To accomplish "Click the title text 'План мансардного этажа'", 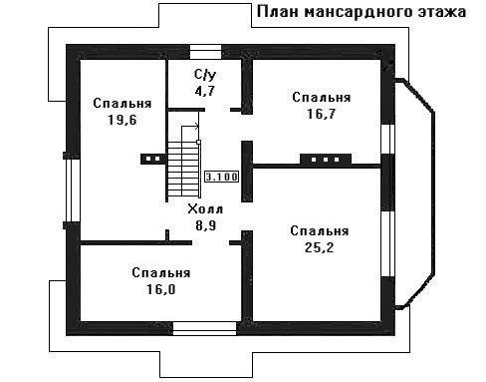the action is (x=362, y=12).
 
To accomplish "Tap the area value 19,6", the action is (x=122, y=120).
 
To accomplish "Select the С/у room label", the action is (x=205, y=75).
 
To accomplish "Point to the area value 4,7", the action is (x=205, y=91).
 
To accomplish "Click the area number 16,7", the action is (x=321, y=114).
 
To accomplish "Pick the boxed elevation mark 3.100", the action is (x=222, y=177).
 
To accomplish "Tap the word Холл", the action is (x=205, y=209).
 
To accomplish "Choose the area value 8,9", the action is (x=205, y=225).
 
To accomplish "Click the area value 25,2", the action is (x=319, y=247).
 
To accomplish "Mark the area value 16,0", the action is (x=161, y=289).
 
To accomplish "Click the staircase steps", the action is (x=183, y=170).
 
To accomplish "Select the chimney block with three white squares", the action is (x=326, y=160).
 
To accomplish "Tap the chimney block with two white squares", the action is (x=152, y=159).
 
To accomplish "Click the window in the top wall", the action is (x=205, y=52).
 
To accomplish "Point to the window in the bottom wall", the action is (x=204, y=328).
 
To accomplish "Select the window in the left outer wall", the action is (x=73, y=191).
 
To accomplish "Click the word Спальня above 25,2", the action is (x=320, y=231).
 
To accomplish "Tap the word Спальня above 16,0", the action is (x=161, y=273).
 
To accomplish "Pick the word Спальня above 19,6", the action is (x=122, y=104).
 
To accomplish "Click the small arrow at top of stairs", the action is (x=196, y=126).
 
